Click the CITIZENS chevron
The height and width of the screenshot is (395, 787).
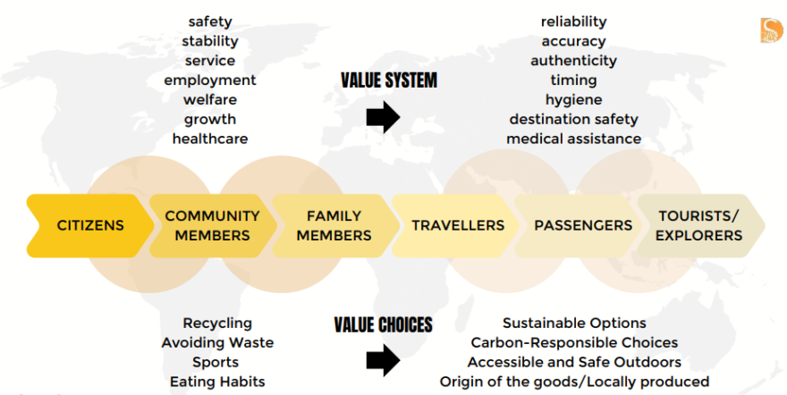coord(90,225)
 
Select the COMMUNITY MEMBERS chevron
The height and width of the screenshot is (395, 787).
coord(212,225)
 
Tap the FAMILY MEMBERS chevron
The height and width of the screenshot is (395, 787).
coord(334,225)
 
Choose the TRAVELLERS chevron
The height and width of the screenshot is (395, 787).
coord(457,225)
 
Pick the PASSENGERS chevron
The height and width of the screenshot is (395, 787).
coord(582,225)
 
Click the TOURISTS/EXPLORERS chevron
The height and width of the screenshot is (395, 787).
coord(698,225)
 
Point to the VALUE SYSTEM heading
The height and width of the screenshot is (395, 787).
coord(388,80)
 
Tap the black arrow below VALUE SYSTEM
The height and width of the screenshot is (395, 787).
coord(383,117)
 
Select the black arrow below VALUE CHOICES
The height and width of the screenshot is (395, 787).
coord(383,360)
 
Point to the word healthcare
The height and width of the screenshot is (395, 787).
coord(210,139)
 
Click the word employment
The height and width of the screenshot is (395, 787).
coord(210,80)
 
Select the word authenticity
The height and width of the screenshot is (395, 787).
coord(573,61)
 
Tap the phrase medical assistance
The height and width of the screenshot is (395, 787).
coord(573,139)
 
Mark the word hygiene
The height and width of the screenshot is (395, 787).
coord(573,99)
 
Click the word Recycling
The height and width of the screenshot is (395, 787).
coord(217,323)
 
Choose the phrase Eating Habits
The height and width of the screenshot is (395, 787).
coord(217,382)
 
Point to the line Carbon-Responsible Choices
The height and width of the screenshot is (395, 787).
coord(574,342)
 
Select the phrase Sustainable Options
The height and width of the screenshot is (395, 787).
coord(574,323)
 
